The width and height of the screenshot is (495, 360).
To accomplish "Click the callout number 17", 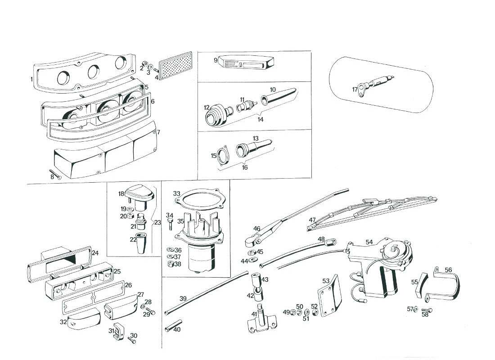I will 355,89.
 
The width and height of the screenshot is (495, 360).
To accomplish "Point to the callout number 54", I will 369,242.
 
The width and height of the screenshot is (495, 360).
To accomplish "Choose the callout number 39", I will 183,299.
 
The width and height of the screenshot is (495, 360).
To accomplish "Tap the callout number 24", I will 95,253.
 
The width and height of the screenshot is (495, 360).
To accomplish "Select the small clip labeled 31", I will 118,332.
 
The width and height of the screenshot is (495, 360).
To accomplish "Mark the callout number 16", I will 244,167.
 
